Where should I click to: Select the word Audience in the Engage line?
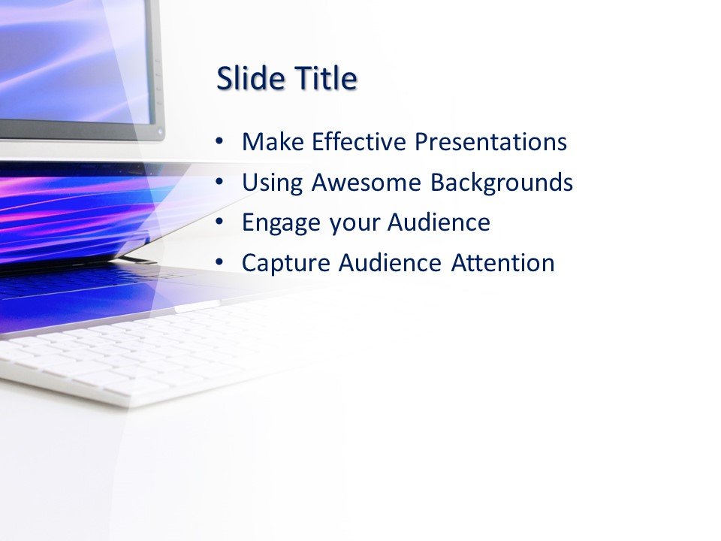pyautogui.click(x=439, y=222)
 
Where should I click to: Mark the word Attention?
pyautogui.click(x=503, y=263)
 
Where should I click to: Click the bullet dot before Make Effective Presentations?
pyautogui.click(x=219, y=141)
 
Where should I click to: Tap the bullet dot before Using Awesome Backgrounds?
pyautogui.click(x=219, y=182)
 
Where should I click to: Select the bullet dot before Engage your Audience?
pyautogui.click(x=219, y=222)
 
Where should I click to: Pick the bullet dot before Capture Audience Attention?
pyautogui.click(x=219, y=263)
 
